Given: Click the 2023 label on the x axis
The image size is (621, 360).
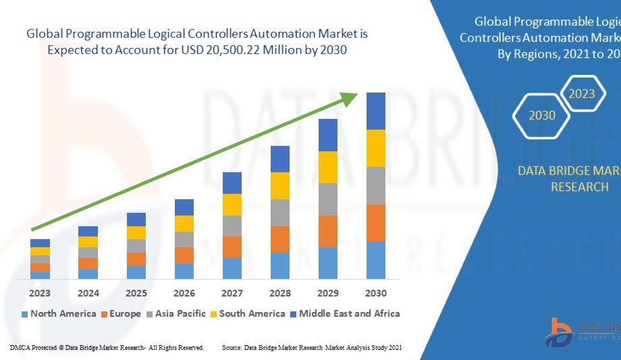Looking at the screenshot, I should [x=40, y=293].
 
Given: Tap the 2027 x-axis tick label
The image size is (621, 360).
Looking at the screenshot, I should [x=232, y=293].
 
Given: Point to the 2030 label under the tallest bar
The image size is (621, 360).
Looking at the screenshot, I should [x=376, y=293].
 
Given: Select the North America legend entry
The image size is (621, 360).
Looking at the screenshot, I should [x=58, y=313].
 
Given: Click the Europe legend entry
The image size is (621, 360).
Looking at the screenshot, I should [x=121, y=313].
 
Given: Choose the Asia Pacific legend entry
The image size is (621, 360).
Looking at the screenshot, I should [x=178, y=313].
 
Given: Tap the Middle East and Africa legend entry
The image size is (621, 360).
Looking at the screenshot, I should [x=344, y=313].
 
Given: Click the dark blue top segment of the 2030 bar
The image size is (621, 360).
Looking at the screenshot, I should [x=376, y=111].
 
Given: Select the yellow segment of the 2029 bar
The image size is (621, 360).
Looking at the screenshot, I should [x=328, y=167].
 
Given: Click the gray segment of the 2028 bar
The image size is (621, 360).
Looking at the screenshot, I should [x=280, y=212].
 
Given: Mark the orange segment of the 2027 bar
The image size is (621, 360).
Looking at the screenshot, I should [x=232, y=247].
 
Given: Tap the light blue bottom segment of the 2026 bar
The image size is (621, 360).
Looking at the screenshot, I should [x=184, y=271].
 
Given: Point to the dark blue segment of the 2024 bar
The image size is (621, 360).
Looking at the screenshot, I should [x=88, y=231].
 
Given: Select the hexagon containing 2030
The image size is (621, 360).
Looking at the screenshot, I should [x=542, y=115].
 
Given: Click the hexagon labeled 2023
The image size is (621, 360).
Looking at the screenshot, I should [x=581, y=93].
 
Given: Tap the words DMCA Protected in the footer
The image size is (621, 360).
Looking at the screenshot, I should [x=32, y=347].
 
